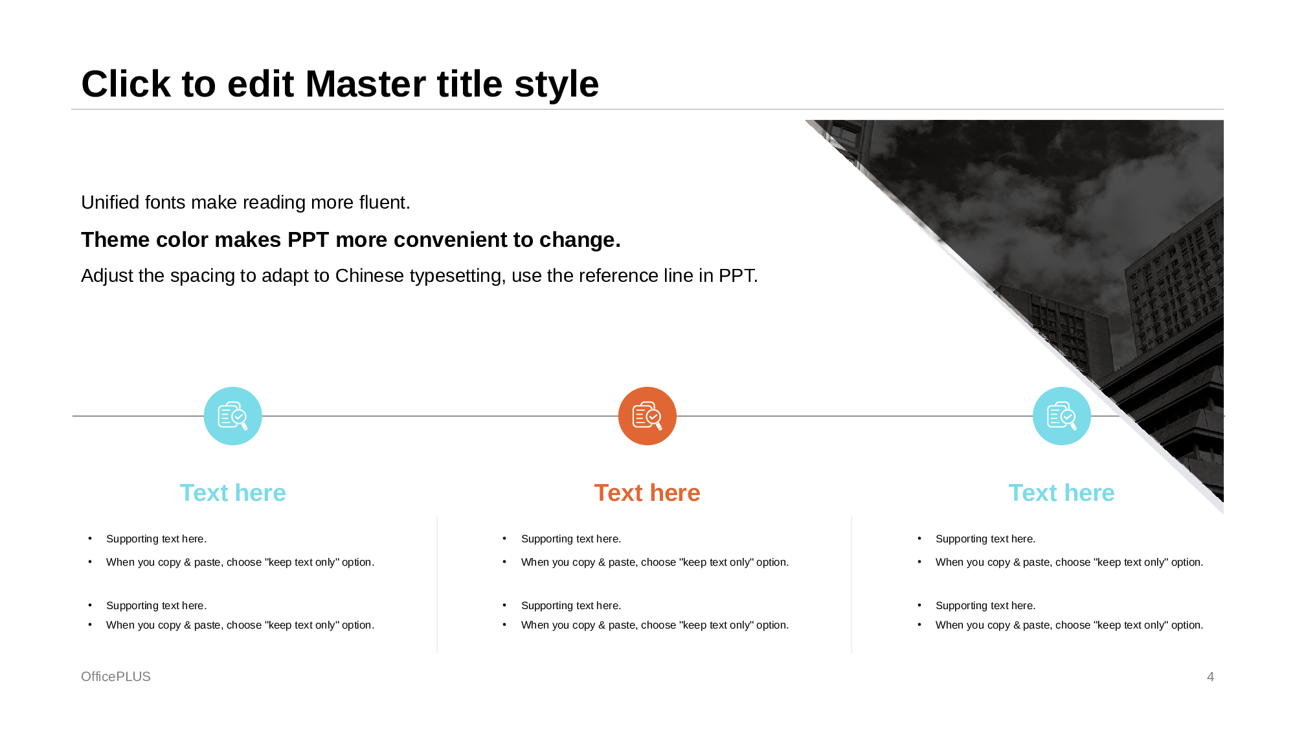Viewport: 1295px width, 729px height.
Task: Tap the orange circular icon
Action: click(x=647, y=416)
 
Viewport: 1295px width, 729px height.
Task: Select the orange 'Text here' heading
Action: click(x=647, y=493)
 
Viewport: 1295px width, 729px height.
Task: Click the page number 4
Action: click(x=1210, y=677)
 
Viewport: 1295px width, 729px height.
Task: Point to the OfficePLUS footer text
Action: click(x=116, y=677)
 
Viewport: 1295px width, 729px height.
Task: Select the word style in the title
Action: click(x=556, y=84)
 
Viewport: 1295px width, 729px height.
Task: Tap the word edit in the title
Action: click(x=260, y=84)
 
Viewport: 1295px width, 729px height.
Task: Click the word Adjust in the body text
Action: click(x=107, y=276)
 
